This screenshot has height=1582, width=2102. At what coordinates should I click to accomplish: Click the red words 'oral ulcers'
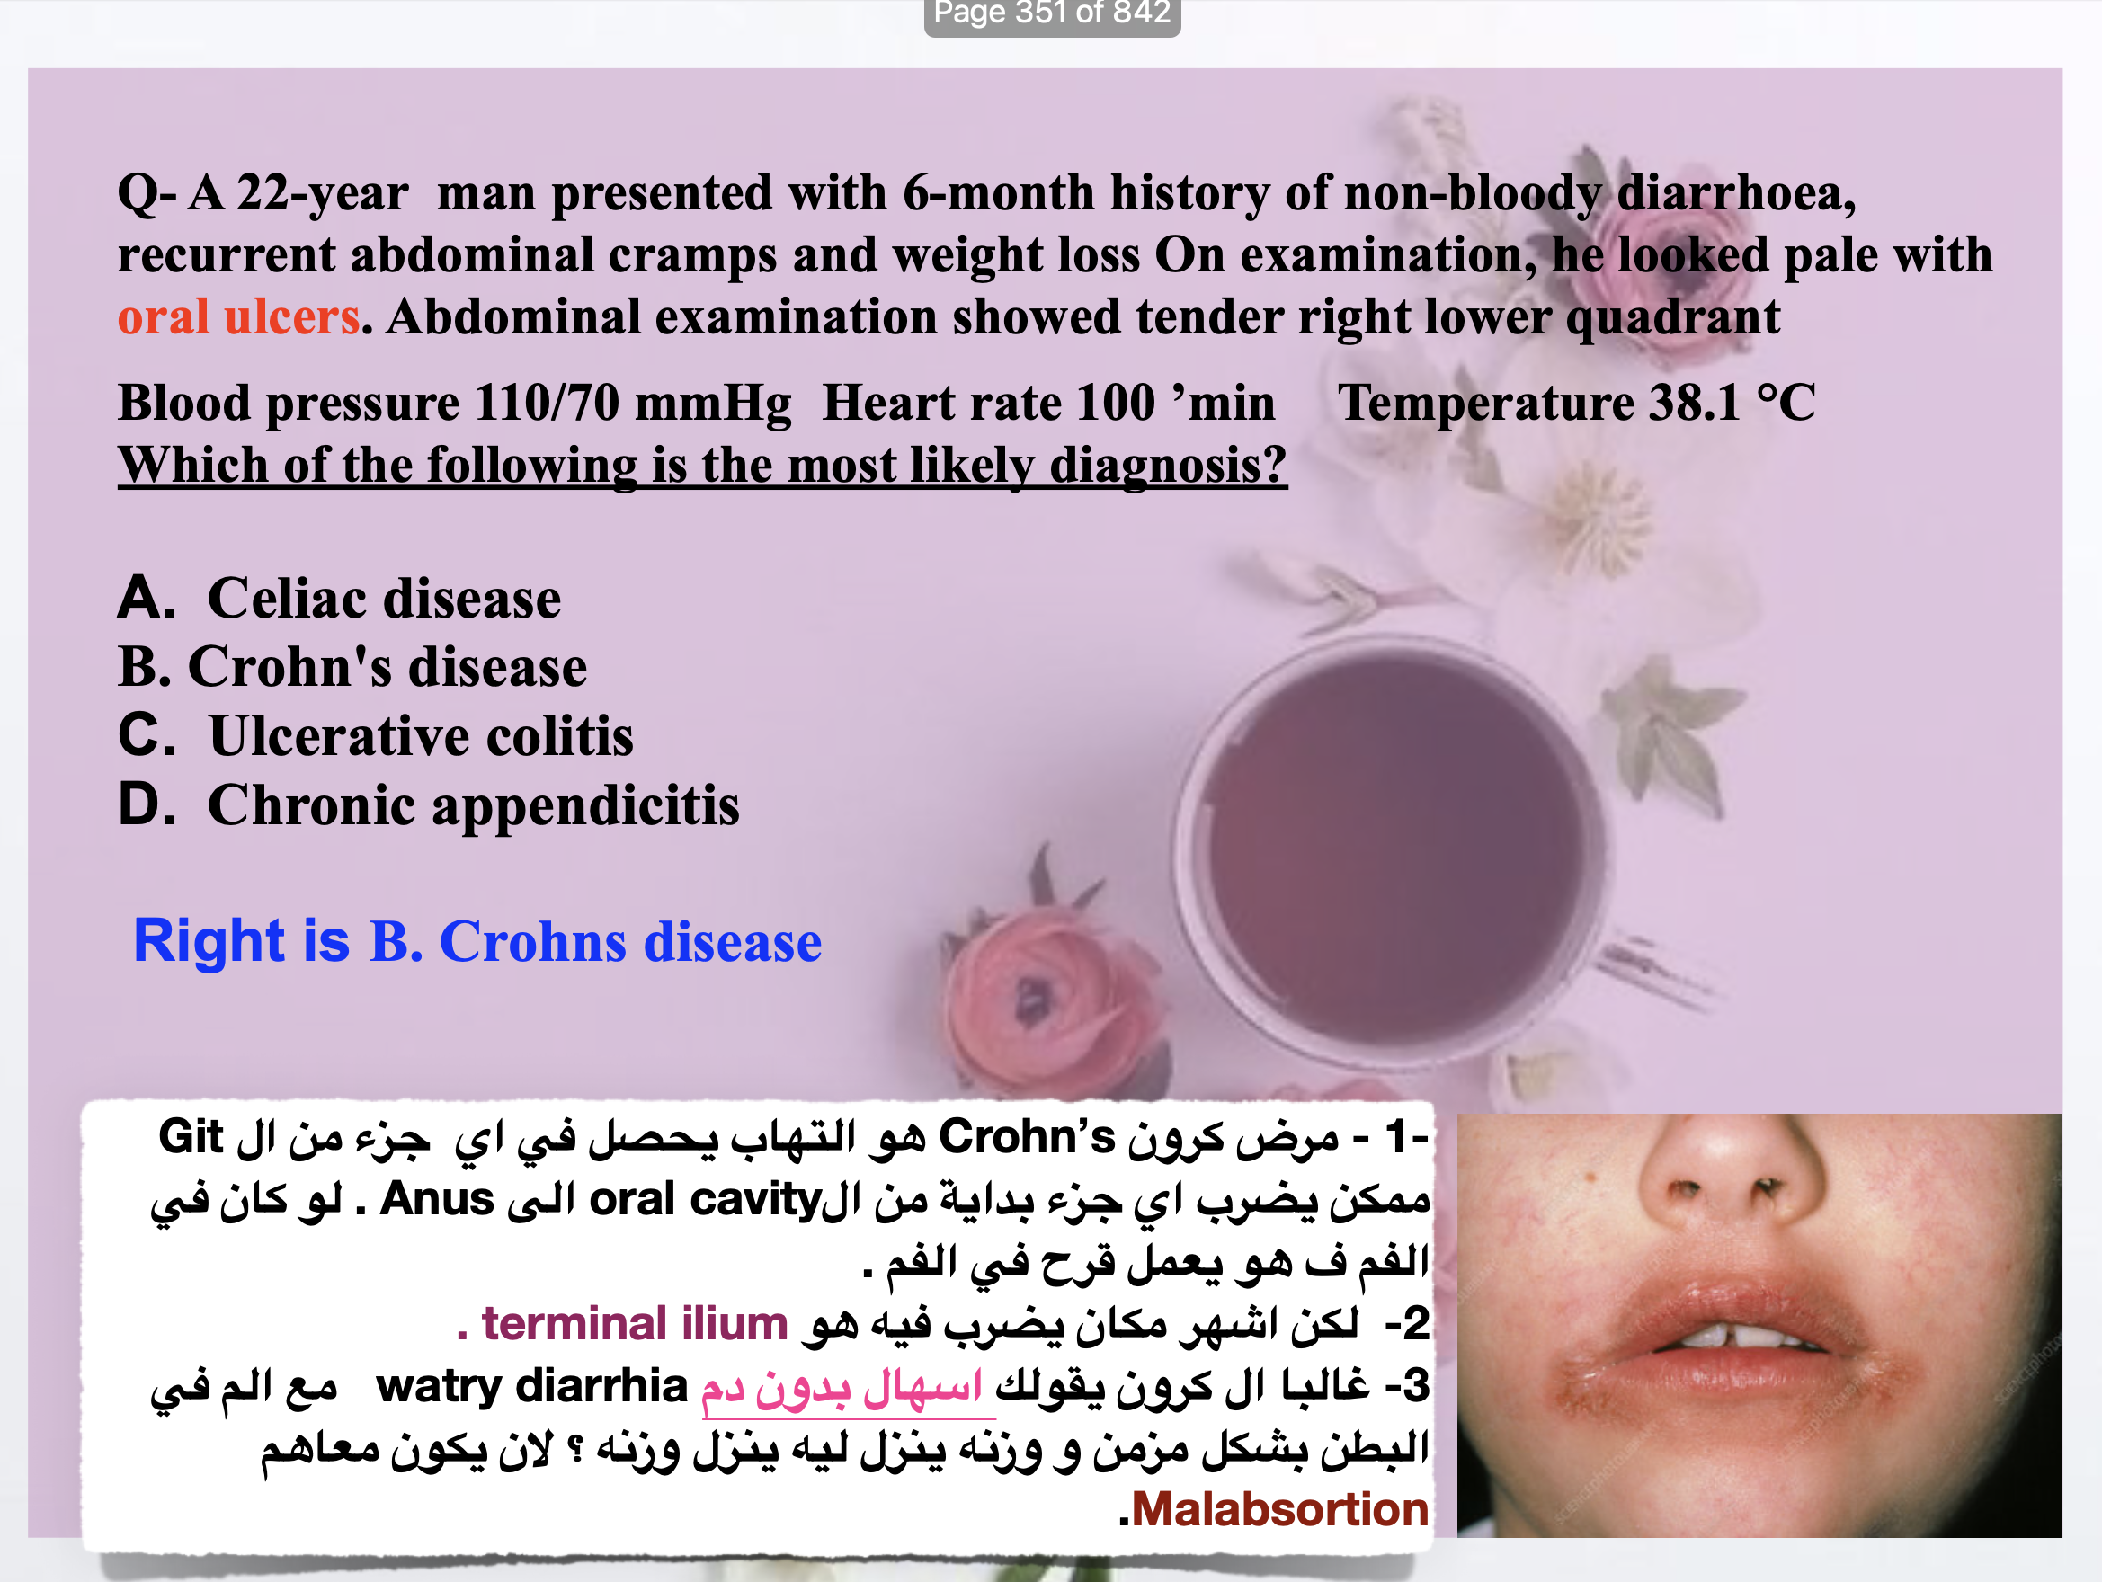coord(238,316)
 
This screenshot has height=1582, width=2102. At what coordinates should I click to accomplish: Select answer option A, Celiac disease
coord(339,599)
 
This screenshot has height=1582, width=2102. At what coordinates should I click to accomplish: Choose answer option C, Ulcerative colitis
coord(376,736)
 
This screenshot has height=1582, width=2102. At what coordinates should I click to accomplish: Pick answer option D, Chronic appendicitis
coord(428,806)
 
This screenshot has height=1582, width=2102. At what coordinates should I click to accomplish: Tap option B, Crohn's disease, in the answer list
coord(352,667)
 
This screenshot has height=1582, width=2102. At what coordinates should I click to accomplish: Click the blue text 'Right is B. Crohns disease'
coord(477,942)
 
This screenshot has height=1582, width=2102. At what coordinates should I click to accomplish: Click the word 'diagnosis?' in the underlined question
coord(1168,466)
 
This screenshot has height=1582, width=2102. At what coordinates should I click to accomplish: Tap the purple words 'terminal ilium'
coord(635,1323)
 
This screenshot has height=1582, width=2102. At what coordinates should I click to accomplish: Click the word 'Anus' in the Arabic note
coord(436,1200)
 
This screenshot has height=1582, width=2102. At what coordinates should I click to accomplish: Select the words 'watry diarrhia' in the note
coord(531,1386)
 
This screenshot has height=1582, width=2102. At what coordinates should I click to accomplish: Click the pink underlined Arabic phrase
coord(842,1389)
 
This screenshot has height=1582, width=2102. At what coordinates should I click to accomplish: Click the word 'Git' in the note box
coord(190,1137)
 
